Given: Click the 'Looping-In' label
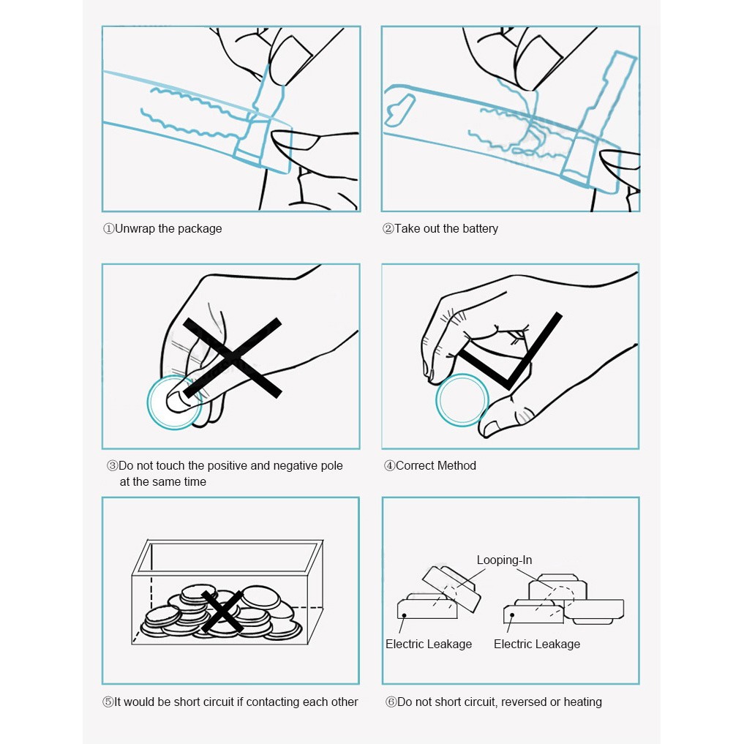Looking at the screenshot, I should tap(504, 560).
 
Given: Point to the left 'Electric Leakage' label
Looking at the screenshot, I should tap(429, 645).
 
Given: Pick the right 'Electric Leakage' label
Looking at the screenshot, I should tap(537, 645).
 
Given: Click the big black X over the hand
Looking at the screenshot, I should tap(231, 358).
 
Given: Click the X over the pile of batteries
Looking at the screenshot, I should tap(222, 612).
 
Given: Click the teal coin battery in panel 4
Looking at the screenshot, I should tap(462, 399).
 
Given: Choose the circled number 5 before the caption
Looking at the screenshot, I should tap(108, 702).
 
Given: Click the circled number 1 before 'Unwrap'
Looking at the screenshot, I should tap(108, 229).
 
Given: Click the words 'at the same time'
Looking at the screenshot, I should tap(163, 482).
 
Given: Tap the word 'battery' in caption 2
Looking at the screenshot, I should tap(480, 229).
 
